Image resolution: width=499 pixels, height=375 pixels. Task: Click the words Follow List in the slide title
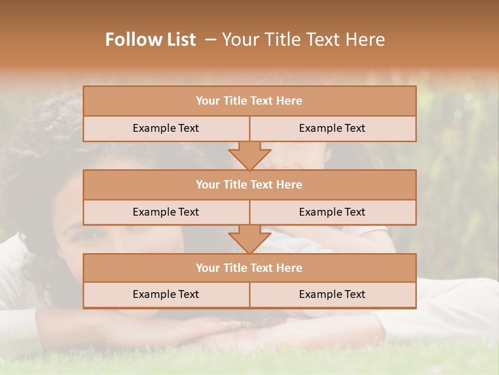coord(150,40)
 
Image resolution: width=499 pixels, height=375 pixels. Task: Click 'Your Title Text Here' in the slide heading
coord(304,40)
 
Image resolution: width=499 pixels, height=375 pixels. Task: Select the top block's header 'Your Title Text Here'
coord(249,101)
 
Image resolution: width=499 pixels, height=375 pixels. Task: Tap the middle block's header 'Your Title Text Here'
coord(249,185)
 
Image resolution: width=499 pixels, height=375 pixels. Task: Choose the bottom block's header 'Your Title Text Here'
coord(249,268)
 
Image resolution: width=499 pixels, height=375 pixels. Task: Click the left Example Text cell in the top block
coord(166,129)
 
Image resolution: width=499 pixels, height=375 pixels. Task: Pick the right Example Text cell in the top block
coord(332,129)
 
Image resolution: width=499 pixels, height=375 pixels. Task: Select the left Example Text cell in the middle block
coord(166,213)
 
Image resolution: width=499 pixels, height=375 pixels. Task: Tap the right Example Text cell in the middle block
coord(332,213)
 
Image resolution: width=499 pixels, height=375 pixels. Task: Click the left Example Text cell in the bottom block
coord(166,295)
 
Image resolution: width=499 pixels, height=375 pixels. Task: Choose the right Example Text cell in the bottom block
coord(332,295)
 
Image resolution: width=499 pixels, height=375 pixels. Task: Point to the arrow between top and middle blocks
coord(249,156)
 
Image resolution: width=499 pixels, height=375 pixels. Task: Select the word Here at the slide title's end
coord(367,40)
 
